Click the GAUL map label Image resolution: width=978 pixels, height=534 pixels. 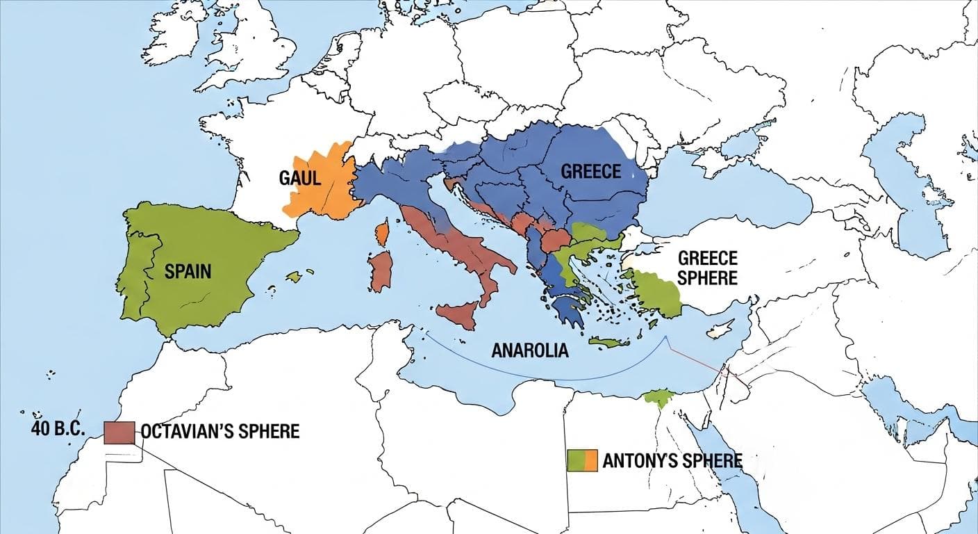[x=300, y=178]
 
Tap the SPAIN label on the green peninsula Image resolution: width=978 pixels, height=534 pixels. [x=188, y=270]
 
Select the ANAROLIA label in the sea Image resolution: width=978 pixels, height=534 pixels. [x=529, y=350]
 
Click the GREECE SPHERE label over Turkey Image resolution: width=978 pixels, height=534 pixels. [x=707, y=268]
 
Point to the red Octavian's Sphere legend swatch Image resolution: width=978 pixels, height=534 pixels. [x=119, y=432]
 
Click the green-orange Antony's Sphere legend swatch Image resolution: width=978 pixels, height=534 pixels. [x=582, y=460]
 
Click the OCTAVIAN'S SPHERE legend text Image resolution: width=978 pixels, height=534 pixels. [x=220, y=432]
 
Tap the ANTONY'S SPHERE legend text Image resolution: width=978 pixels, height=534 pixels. [x=672, y=460]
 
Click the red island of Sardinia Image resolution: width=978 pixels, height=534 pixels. [x=380, y=272]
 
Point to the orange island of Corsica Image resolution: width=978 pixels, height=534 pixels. [x=381, y=234]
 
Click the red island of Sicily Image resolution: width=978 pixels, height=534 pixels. [x=458, y=315]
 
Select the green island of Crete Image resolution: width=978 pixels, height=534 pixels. [x=608, y=341]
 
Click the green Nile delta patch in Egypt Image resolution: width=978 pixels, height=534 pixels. [x=658, y=398]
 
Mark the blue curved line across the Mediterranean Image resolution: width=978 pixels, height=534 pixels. [x=542, y=378]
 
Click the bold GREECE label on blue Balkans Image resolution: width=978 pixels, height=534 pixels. [x=590, y=171]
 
